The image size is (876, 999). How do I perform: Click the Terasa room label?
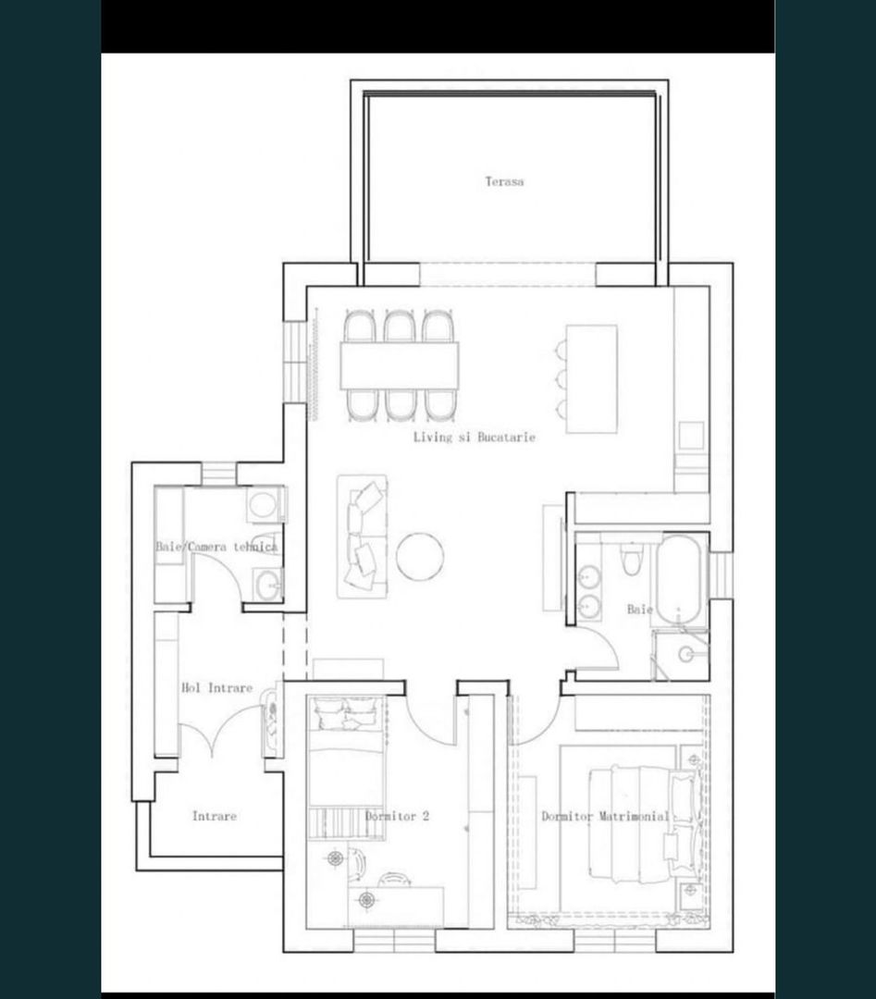pos(504,182)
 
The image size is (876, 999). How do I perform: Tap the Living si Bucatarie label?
pos(475,437)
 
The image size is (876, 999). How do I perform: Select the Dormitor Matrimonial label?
pos(605,817)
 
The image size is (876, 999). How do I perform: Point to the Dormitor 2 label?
pos(397,817)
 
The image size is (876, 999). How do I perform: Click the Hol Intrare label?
pos(216,688)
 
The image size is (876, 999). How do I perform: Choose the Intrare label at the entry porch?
pos(214,816)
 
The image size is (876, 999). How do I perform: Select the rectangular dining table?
pos(400,365)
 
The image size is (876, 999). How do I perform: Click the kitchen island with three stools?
pos(591,378)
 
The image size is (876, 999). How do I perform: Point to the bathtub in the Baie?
pos(681,579)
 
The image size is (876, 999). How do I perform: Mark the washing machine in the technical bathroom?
pos(265,505)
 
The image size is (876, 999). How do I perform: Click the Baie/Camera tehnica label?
pos(216,547)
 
